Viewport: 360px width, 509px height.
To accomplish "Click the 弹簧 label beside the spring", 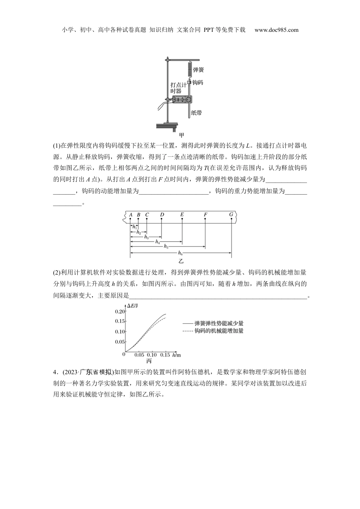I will pos(198,70).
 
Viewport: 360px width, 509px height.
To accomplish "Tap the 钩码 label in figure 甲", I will pos(197,82).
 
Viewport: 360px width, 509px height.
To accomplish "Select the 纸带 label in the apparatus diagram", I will pos(196,112).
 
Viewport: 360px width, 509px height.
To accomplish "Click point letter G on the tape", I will pos(231,215).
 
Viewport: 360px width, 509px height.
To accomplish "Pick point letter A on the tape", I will pos(130,215).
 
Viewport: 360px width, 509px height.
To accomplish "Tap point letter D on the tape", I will pos(162,215).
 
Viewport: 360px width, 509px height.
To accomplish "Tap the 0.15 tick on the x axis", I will pos(165,355).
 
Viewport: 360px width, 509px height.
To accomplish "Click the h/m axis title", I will pos(176,355).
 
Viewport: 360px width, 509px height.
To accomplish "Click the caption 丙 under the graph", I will pos(149,361).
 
